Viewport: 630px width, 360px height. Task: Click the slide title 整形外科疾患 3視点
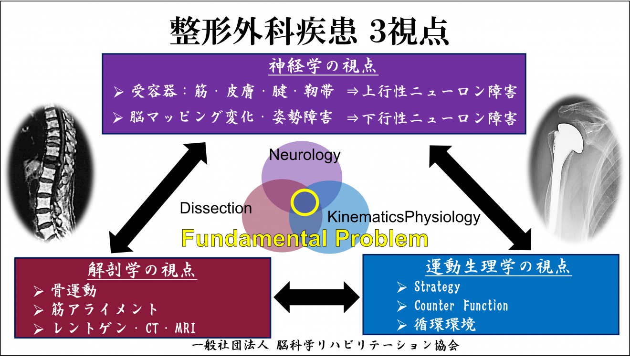(309, 32)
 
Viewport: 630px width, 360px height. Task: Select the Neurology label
(305, 155)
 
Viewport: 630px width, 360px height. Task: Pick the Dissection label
(216, 208)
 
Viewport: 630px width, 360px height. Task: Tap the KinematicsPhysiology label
(403, 217)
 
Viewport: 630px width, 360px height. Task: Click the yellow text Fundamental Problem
(304, 238)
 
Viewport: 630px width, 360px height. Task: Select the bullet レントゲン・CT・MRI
(122, 327)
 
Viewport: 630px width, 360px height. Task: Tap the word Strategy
(437, 287)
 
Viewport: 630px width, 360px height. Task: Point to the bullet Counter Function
(461, 306)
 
